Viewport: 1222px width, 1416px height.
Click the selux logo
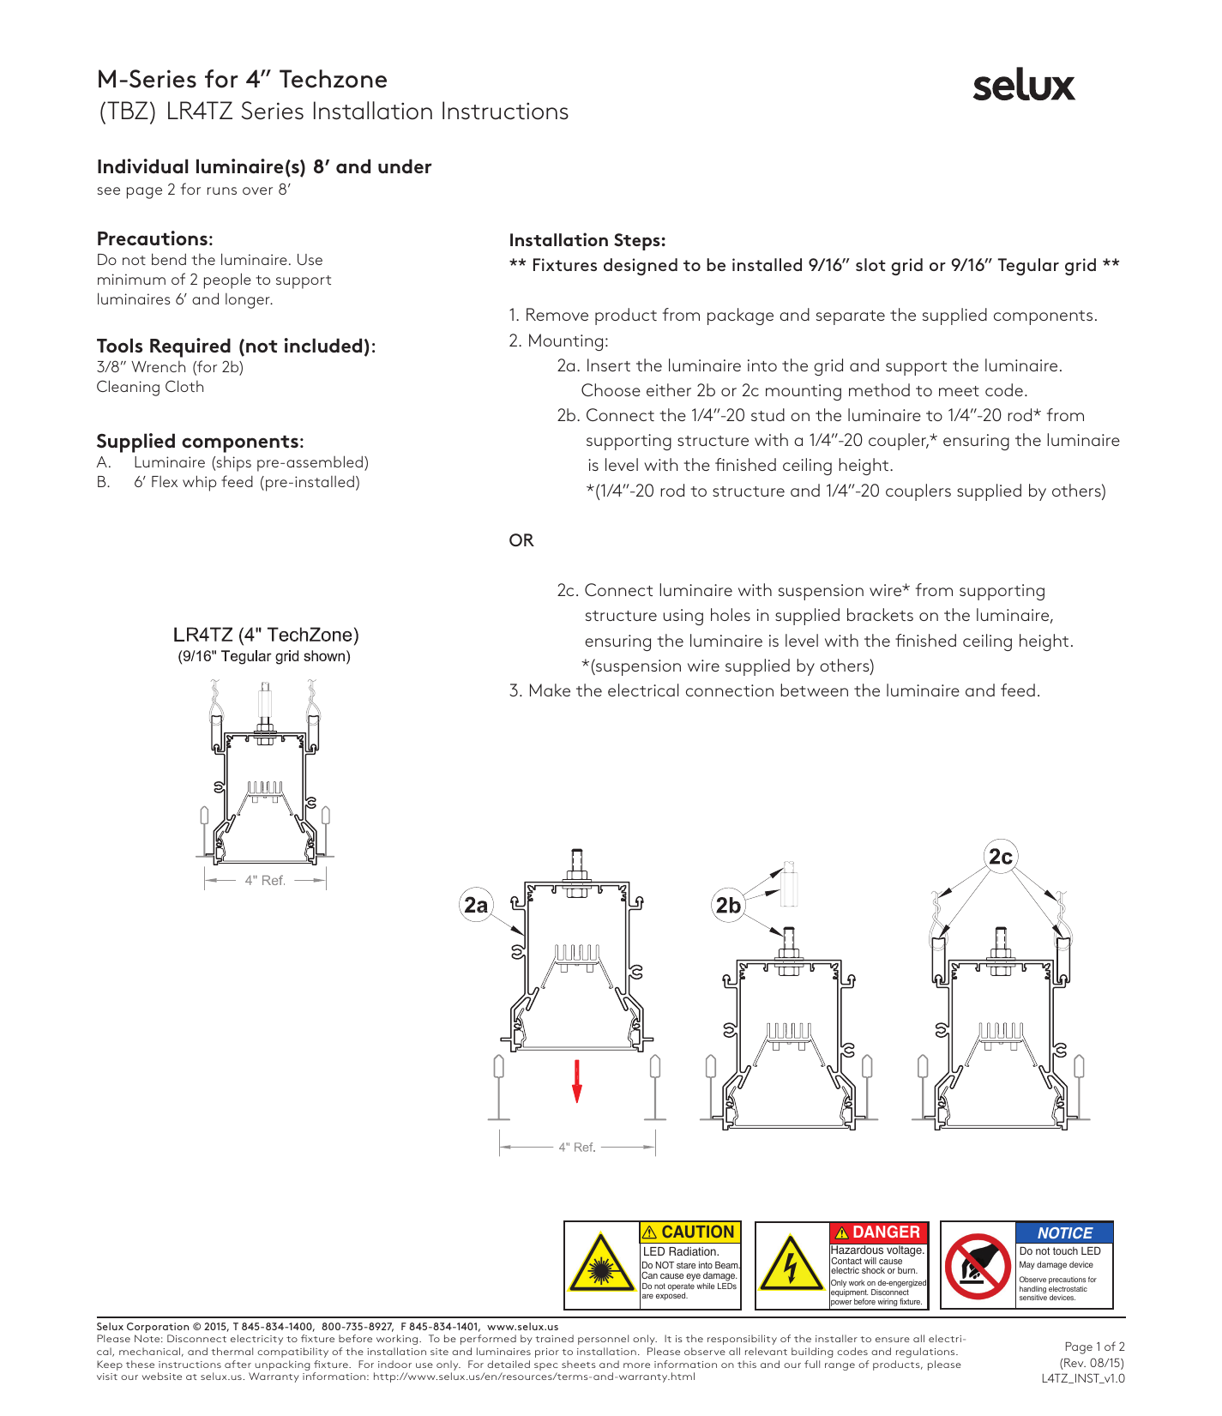point(1023,86)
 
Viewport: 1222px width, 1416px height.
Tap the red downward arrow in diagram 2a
point(577,1081)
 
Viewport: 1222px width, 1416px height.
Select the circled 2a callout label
point(476,905)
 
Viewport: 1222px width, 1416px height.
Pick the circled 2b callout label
point(728,905)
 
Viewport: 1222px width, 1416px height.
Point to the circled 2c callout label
point(1001,856)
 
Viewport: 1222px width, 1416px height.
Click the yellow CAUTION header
point(690,1232)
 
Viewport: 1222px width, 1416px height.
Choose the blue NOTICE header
point(1064,1232)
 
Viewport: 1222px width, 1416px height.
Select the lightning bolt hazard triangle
point(792,1266)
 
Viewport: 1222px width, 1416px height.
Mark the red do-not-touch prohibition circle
point(978,1266)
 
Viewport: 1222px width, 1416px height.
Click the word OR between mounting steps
point(521,540)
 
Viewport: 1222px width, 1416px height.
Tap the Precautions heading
point(154,238)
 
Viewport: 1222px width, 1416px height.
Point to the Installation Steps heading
point(587,240)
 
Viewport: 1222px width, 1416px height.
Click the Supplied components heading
point(200,441)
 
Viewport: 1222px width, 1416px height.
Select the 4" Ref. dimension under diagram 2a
point(577,1147)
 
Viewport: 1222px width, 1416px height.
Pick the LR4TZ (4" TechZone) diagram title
point(266,635)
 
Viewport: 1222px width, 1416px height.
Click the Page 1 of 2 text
point(1094,1347)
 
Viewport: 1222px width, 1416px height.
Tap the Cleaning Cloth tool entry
point(150,387)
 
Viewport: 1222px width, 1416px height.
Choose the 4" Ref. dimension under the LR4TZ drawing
point(265,880)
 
